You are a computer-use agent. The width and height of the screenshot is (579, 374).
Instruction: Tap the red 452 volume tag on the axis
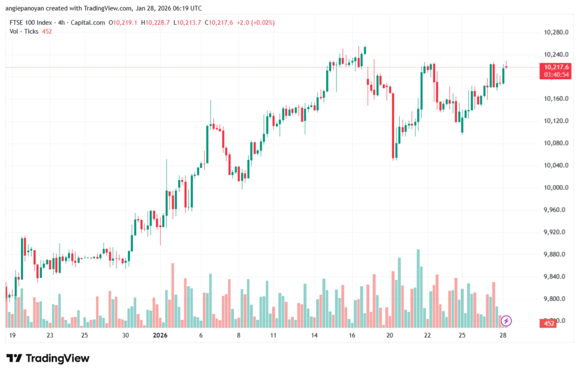point(547,324)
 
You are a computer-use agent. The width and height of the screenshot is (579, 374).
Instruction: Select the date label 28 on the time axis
point(503,336)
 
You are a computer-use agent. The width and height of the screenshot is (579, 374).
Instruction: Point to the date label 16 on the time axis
point(352,336)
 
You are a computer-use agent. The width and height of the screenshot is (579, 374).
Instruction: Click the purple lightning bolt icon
point(507,321)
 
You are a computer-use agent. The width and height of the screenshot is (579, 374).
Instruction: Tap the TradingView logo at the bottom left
point(48,358)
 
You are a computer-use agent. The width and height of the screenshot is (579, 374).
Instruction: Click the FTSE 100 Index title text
point(30,23)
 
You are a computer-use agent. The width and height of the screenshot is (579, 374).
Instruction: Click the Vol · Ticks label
point(25,31)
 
